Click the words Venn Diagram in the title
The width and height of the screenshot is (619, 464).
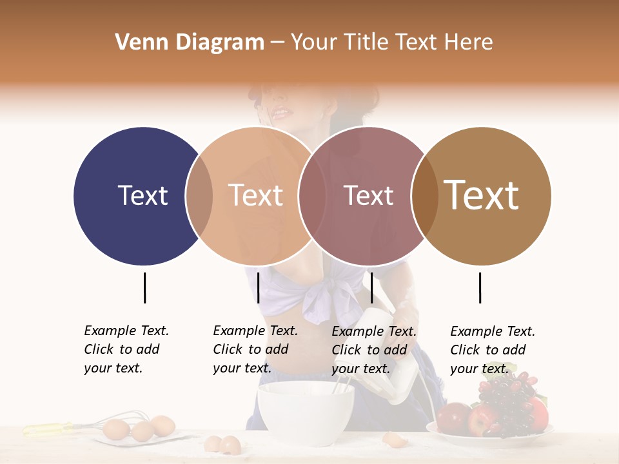[x=190, y=43]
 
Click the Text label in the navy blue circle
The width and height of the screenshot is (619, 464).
[x=142, y=195]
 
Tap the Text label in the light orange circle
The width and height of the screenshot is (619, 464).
[x=255, y=195]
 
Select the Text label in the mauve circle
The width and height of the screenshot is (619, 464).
[x=368, y=195]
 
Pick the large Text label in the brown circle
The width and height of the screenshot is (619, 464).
[x=481, y=195]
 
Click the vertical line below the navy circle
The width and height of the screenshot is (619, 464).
[x=144, y=287]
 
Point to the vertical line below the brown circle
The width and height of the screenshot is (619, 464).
[x=480, y=287]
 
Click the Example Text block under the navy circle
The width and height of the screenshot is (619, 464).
[x=126, y=349]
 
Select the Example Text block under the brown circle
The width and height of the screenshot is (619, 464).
[x=492, y=350]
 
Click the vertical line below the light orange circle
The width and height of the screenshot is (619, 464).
[x=258, y=287]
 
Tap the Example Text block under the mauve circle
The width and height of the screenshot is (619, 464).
[x=373, y=350]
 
